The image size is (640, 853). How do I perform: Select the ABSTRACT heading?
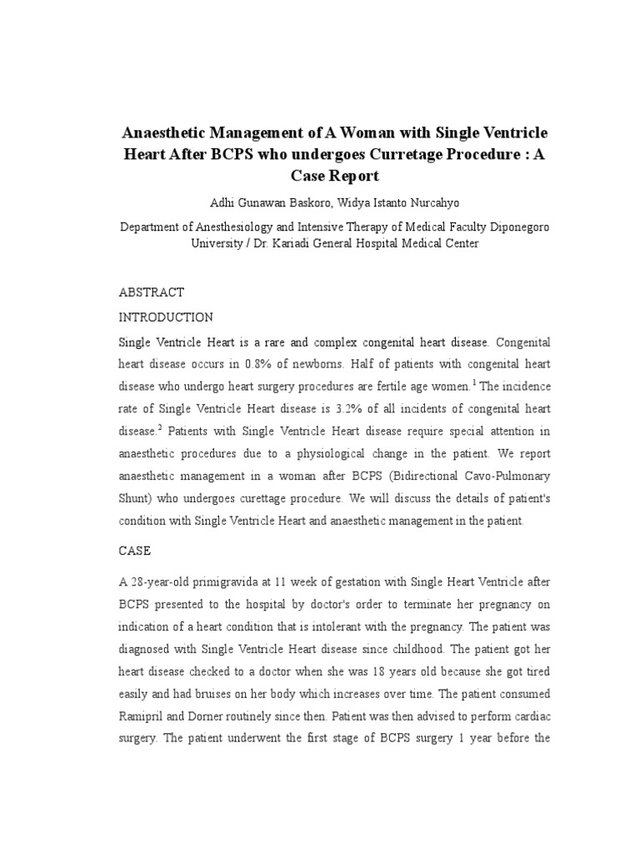point(152,292)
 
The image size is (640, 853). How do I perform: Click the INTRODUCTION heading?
point(167,317)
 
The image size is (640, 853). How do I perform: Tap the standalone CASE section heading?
point(136,551)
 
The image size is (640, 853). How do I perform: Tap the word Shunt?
point(136,497)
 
